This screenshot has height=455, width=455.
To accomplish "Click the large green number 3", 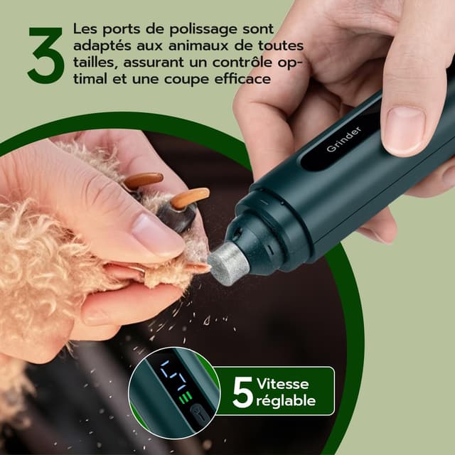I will (45, 56).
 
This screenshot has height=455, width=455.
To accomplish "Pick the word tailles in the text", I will (93, 63).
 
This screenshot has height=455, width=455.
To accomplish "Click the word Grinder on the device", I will (344, 139).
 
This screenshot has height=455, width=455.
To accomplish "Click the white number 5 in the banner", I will (242, 392).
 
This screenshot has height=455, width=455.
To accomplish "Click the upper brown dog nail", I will (143, 181).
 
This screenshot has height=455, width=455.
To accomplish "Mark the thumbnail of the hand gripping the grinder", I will (405, 129).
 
